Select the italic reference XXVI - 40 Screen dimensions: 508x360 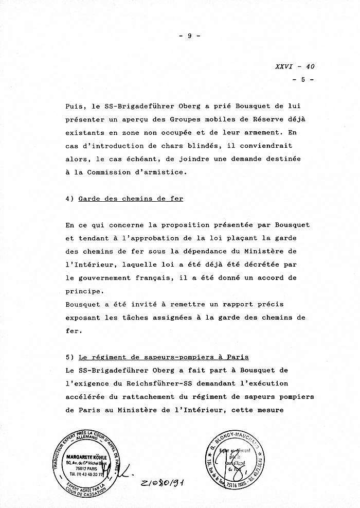tap(295, 66)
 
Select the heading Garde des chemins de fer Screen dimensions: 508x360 tap(131, 199)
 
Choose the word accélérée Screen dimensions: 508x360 tap(86, 396)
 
